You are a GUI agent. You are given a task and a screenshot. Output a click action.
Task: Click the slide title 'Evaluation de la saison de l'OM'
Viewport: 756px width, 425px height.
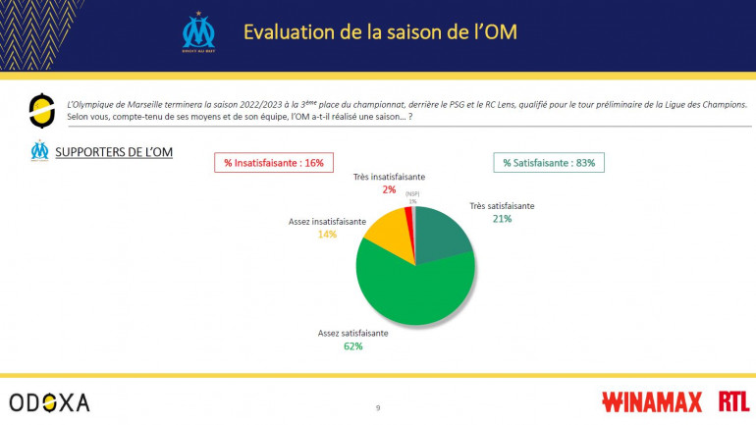pos(379,31)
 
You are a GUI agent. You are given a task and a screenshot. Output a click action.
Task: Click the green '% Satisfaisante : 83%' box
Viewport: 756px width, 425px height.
pos(548,162)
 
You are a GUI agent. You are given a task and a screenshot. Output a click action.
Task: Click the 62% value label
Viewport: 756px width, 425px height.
pos(352,345)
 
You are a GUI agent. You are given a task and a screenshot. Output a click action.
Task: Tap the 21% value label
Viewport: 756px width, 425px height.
pos(502,219)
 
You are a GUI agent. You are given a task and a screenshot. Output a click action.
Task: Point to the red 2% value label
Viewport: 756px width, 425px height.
pos(389,189)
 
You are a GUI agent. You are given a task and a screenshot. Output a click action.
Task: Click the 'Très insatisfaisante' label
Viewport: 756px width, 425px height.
pos(389,178)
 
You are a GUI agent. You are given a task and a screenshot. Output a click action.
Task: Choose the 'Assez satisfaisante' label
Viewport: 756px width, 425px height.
pos(352,333)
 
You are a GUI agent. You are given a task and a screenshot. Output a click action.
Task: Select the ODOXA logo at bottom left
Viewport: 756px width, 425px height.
pos(49,402)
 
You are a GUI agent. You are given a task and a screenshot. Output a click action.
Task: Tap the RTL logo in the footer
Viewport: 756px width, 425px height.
pos(732,400)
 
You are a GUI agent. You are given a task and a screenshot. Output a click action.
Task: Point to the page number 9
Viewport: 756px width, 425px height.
pos(377,407)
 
